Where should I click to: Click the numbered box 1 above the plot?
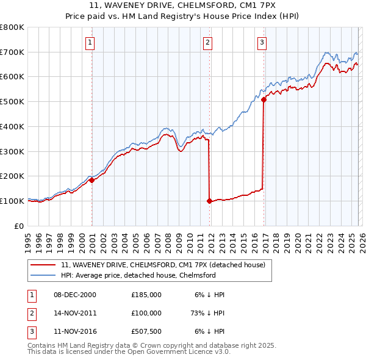[x=90, y=43]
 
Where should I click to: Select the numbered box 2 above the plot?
[x=207, y=43]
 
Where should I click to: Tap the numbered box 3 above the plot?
[x=262, y=43]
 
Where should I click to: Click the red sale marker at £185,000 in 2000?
[x=91, y=180]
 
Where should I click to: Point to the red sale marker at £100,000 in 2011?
[x=209, y=201]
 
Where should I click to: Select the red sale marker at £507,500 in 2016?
[x=264, y=99]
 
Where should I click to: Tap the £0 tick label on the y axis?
[x=20, y=226]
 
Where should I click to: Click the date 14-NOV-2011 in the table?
[x=75, y=312]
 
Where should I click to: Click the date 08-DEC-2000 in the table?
[x=75, y=294]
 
